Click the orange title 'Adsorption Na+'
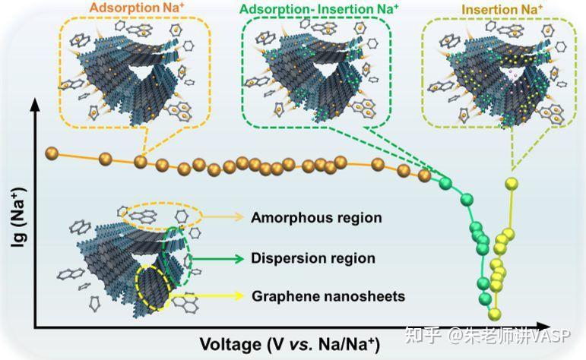137,8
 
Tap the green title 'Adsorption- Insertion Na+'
319,9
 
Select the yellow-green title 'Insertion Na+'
502,9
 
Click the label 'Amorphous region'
316,217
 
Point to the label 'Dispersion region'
313,258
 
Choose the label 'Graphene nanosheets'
328,296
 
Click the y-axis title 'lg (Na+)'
18,218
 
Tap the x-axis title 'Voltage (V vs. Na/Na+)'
290,343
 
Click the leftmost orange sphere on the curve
52,153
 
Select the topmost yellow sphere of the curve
512,183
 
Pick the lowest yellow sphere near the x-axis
495,314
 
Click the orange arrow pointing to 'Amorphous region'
223,216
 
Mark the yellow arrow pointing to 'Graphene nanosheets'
207,295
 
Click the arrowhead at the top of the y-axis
35,105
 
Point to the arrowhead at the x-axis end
543,326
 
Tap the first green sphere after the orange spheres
445,183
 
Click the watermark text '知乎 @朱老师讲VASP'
488,335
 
